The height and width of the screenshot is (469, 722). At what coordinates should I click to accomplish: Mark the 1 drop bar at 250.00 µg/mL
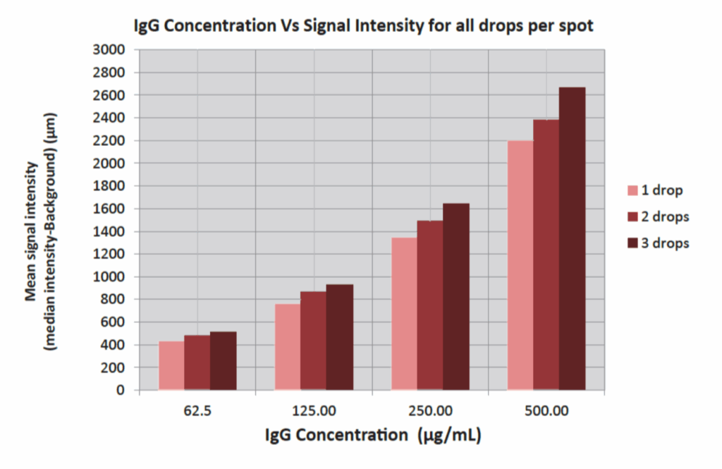tap(404, 313)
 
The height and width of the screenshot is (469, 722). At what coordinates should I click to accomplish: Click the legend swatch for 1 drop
tap(632, 190)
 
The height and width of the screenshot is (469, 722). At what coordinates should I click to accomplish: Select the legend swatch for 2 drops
tap(632, 217)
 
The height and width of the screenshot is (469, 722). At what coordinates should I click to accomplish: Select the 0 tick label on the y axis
tap(119, 390)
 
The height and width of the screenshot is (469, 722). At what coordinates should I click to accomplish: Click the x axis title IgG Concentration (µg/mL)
tap(373, 435)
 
